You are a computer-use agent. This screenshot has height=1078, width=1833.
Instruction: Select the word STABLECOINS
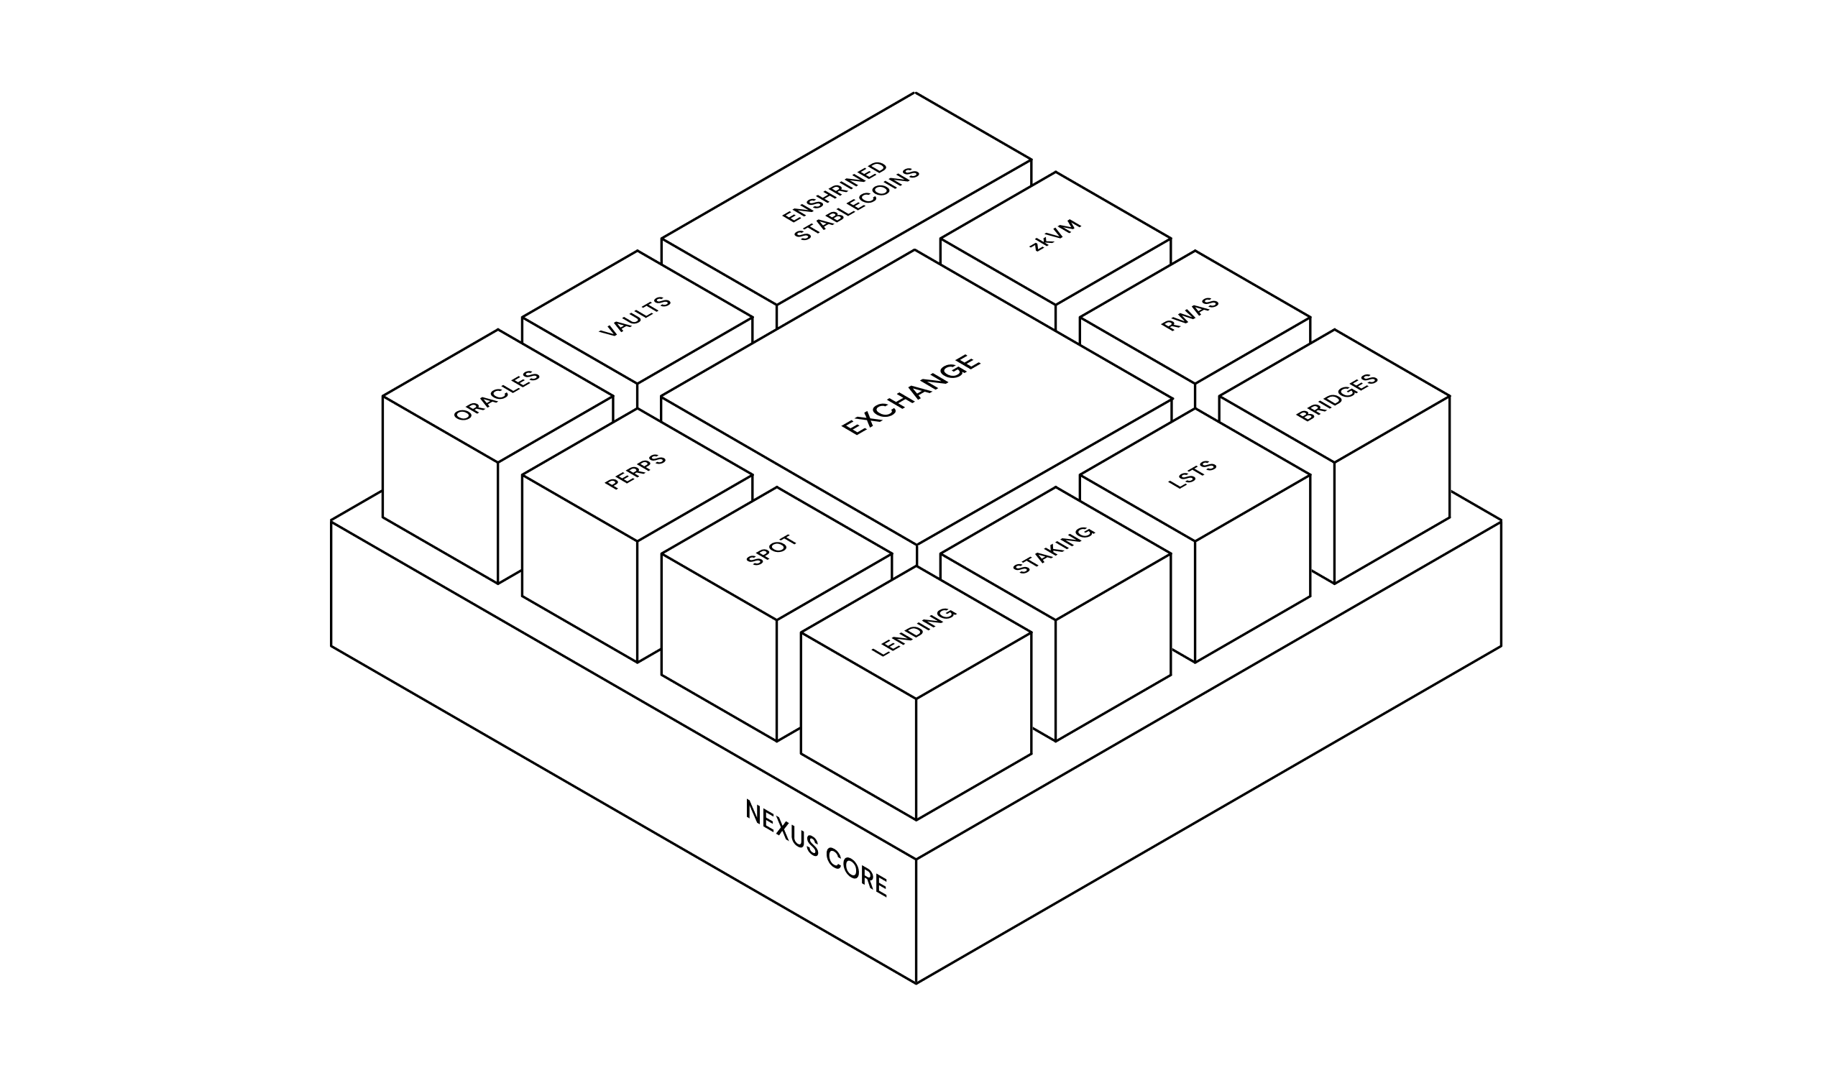857,204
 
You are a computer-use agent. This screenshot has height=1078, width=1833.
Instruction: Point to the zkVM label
1056,234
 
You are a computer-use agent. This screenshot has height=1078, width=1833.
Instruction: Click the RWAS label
1190,314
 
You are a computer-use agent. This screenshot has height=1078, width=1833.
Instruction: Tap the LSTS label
1193,475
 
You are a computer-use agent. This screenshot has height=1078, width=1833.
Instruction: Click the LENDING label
914,632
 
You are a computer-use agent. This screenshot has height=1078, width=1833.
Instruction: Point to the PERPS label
635,471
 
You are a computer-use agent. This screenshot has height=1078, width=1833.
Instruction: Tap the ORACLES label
497,396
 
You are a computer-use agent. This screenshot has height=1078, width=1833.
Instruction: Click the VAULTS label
635,316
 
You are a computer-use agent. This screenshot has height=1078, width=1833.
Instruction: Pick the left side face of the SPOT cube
719,648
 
